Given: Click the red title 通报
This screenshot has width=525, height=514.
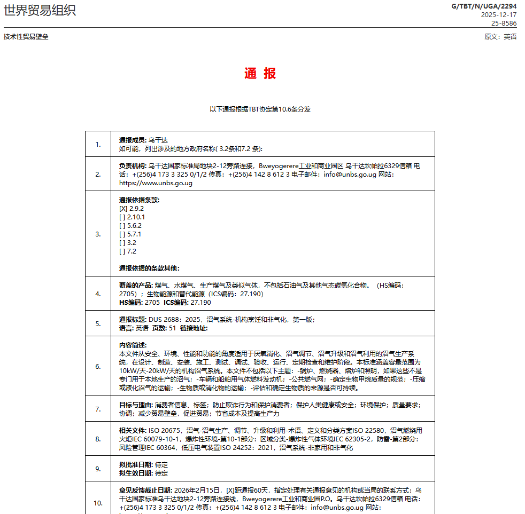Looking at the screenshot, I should (260, 74).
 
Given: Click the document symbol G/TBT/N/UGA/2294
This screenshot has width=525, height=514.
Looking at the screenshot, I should (484, 6).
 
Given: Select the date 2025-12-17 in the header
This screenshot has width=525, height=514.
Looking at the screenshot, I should (499, 15).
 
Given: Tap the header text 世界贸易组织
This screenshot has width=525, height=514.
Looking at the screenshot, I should (40, 11).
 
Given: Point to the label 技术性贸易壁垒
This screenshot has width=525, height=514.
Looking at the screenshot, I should (26, 37).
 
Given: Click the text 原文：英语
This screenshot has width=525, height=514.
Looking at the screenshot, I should (500, 37).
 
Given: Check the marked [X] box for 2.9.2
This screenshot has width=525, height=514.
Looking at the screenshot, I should (122, 209).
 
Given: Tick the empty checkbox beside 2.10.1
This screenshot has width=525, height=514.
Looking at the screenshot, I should (122, 217).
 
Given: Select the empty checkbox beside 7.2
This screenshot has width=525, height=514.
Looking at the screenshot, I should (122, 251).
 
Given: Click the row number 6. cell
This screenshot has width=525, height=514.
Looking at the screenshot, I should (98, 366).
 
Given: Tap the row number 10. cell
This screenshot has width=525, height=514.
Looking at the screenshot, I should (98, 503).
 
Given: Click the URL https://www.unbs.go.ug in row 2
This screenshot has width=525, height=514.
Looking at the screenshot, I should (156, 183).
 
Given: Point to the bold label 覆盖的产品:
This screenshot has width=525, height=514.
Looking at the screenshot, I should (136, 286).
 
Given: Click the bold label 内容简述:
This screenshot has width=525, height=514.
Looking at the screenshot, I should (133, 345).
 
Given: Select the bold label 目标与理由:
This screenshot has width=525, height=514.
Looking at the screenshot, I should (136, 405).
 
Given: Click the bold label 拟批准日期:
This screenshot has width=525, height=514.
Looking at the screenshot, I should (136, 465).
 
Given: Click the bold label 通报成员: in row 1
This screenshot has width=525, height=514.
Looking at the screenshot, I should (133, 140).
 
